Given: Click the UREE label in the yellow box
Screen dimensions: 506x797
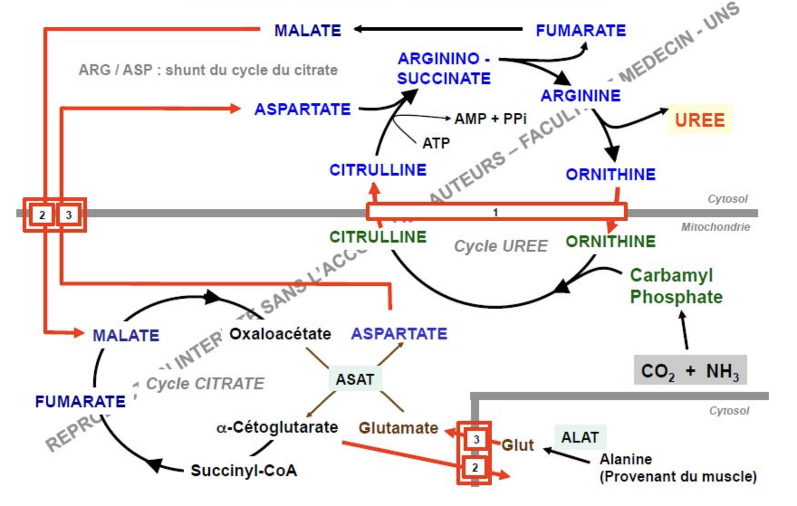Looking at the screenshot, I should pos(700,120).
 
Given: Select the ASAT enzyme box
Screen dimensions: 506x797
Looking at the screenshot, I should pos(355,379).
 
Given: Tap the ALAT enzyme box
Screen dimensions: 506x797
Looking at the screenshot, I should pos(580,437).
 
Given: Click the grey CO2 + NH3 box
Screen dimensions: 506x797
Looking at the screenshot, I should pos(690,371).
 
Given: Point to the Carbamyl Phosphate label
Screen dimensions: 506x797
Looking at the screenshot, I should pos(676,286).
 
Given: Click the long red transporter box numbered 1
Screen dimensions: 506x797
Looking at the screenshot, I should pos(496,212).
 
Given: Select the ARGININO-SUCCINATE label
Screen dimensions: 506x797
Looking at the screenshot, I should pos(444,68).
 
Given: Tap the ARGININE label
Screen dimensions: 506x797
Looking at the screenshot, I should pos(581,95).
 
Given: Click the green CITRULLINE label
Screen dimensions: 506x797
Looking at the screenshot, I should pos(378,237).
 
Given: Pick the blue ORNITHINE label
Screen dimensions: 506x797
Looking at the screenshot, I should pos(610,174).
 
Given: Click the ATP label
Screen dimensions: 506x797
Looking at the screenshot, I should pos(436,143).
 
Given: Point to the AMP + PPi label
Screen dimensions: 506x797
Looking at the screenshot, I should pos(490,119).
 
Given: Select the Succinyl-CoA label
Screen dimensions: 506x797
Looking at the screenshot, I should pos(244,471).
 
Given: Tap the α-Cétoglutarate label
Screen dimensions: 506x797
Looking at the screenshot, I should pos(277,427).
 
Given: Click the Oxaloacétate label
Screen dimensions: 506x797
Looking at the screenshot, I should pos(280,334).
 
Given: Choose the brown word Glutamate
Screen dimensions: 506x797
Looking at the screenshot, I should pos(398,428).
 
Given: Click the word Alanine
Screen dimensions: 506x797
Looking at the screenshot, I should pos(626,459).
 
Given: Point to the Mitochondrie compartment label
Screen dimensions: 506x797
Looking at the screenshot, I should pos(715,227).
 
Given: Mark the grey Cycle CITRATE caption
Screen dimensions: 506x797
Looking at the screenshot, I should pos(205,384).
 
